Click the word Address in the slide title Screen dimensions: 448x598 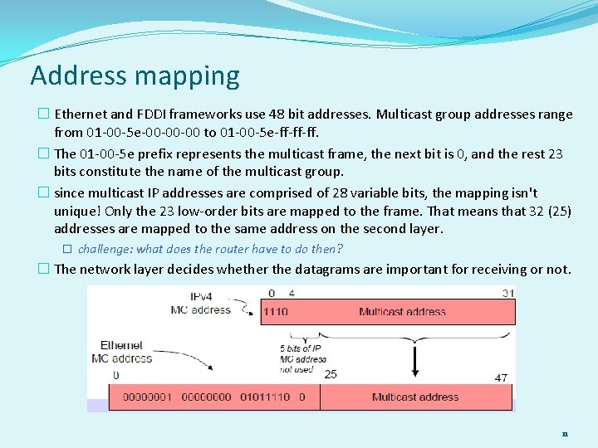pos(77,75)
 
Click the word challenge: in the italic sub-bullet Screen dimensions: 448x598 pos(105,249)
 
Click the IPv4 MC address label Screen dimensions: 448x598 pos(200,304)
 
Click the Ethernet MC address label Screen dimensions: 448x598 pos(126,352)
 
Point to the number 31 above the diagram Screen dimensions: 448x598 pos(507,293)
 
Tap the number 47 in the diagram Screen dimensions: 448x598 pos(501,377)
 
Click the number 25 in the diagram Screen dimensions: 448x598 pos(330,374)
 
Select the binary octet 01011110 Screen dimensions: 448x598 pos(265,397)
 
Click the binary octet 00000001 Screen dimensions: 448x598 pos(149,397)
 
